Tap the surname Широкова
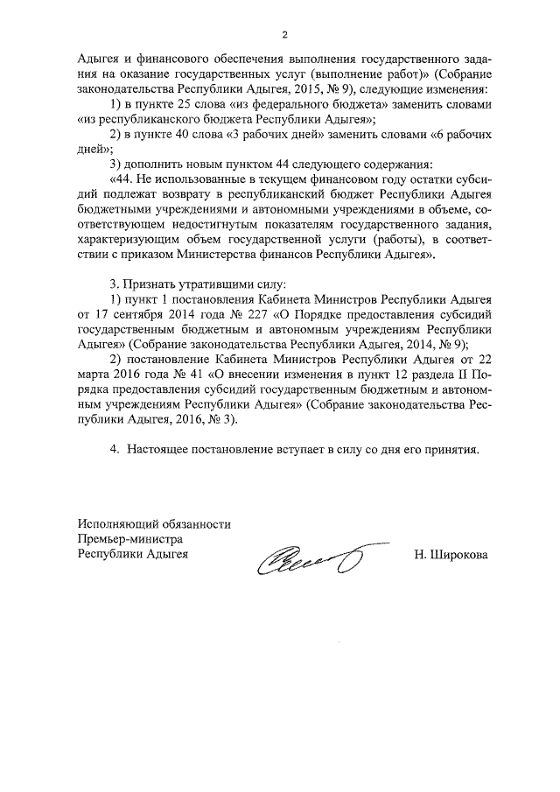[x=452, y=555]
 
